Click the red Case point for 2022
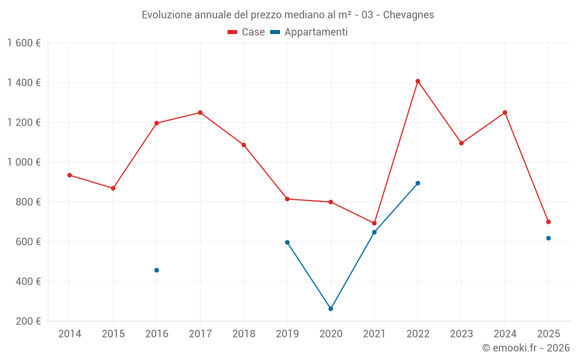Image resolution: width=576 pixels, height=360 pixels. click(x=418, y=81)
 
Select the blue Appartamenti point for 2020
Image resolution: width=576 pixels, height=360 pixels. click(x=331, y=309)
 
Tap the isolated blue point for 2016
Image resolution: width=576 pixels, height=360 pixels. click(x=157, y=270)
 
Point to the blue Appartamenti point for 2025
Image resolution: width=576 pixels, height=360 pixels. click(x=548, y=238)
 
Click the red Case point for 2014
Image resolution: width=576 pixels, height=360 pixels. click(x=70, y=175)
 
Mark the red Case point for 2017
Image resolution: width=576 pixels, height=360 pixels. click(x=200, y=112)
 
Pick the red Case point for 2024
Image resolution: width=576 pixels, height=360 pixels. click(x=505, y=112)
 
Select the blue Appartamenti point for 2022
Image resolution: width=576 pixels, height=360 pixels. click(x=418, y=183)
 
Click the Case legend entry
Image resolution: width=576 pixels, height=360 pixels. click(x=247, y=32)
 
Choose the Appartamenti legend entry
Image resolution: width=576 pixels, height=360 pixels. click(x=309, y=32)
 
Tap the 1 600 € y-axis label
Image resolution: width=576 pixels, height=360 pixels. click(x=24, y=43)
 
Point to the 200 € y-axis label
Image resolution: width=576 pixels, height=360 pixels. click(x=28, y=321)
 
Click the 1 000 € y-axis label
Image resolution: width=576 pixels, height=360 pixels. click(x=24, y=162)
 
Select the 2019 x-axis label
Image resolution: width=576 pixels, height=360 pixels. click(x=287, y=334)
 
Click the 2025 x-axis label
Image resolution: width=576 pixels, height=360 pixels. click(x=548, y=334)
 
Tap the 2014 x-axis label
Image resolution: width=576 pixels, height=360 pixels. click(x=70, y=334)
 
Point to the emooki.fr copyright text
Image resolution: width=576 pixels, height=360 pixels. click(x=526, y=348)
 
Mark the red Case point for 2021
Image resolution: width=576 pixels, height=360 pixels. click(x=374, y=223)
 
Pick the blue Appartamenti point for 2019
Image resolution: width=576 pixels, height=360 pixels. click(x=287, y=242)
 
